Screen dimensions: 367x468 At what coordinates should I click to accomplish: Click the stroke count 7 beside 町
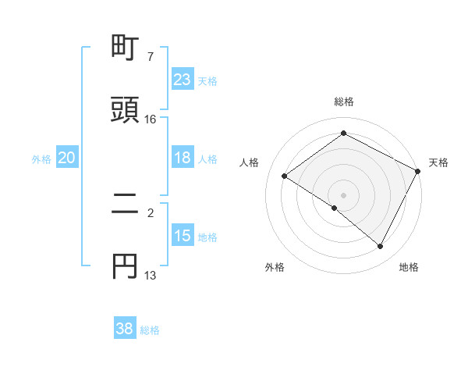[151, 57]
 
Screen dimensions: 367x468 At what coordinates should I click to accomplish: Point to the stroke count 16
[151, 119]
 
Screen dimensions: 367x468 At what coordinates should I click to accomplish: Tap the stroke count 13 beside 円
[151, 276]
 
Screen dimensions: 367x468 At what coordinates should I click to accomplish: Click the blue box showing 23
[183, 80]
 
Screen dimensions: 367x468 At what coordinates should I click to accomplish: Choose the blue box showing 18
[183, 158]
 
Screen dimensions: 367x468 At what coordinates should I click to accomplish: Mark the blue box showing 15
[183, 236]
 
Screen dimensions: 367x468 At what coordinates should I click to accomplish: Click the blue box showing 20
[67, 158]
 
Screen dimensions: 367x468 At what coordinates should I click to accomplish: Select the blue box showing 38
[125, 329]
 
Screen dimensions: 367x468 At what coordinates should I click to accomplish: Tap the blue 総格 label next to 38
[150, 330]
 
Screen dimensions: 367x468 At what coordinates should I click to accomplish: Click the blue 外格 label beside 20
[41, 159]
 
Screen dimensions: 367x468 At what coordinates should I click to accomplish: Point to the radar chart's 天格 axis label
[438, 162]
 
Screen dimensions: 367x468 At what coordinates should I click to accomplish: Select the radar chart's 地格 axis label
[409, 267]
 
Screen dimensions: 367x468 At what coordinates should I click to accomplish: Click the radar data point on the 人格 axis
[285, 176]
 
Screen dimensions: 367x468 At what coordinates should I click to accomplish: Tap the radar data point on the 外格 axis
[335, 208]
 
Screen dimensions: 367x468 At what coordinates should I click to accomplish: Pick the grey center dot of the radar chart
[343, 195]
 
